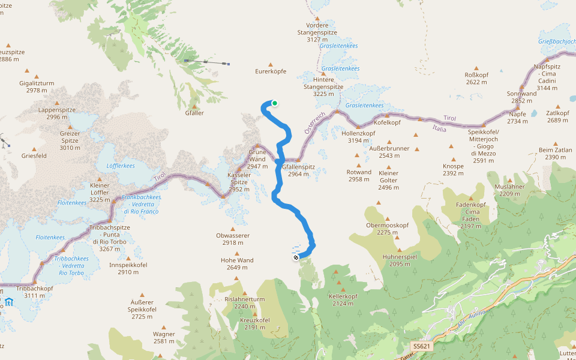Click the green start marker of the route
(275, 103)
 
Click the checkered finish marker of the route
(296, 258)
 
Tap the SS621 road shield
(422, 347)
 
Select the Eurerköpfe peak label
(271, 71)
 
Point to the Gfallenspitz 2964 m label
(298, 170)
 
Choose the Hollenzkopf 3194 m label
(358, 137)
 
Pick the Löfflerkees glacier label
(120, 166)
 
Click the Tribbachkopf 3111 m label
(35, 292)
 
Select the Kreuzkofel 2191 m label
(255, 323)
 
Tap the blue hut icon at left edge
(9, 302)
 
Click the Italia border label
(440, 128)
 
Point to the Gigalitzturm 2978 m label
(37, 86)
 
